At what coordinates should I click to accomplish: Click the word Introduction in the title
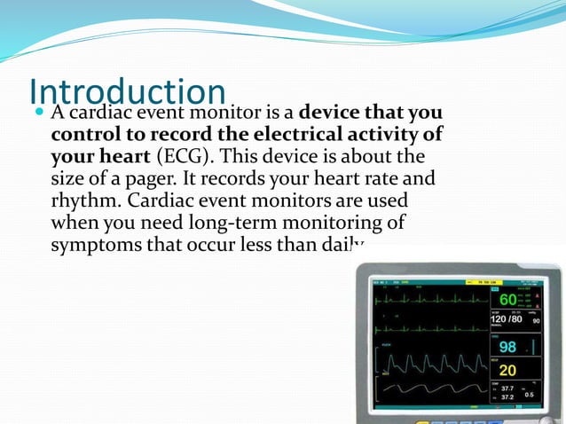pyautogui.click(x=128, y=92)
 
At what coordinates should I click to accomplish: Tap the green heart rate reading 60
pyautogui.click(x=507, y=300)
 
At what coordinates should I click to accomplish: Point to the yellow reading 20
pyautogui.click(x=507, y=369)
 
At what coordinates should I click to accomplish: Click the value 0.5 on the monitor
pyautogui.click(x=529, y=394)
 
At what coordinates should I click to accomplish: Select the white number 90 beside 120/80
pyautogui.click(x=535, y=320)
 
